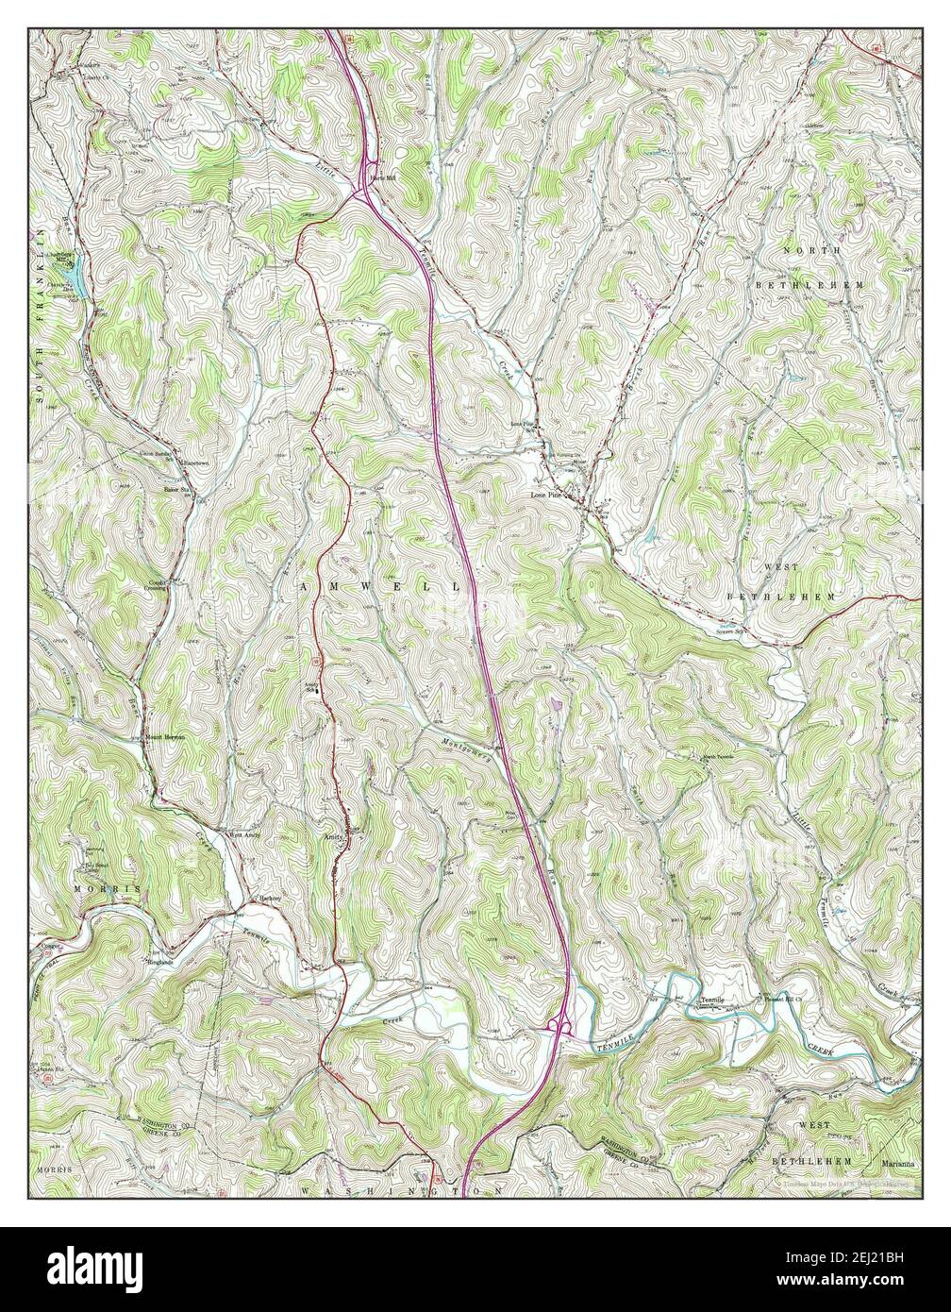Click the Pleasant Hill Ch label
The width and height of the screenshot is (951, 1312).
pyautogui.click(x=781, y=999)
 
